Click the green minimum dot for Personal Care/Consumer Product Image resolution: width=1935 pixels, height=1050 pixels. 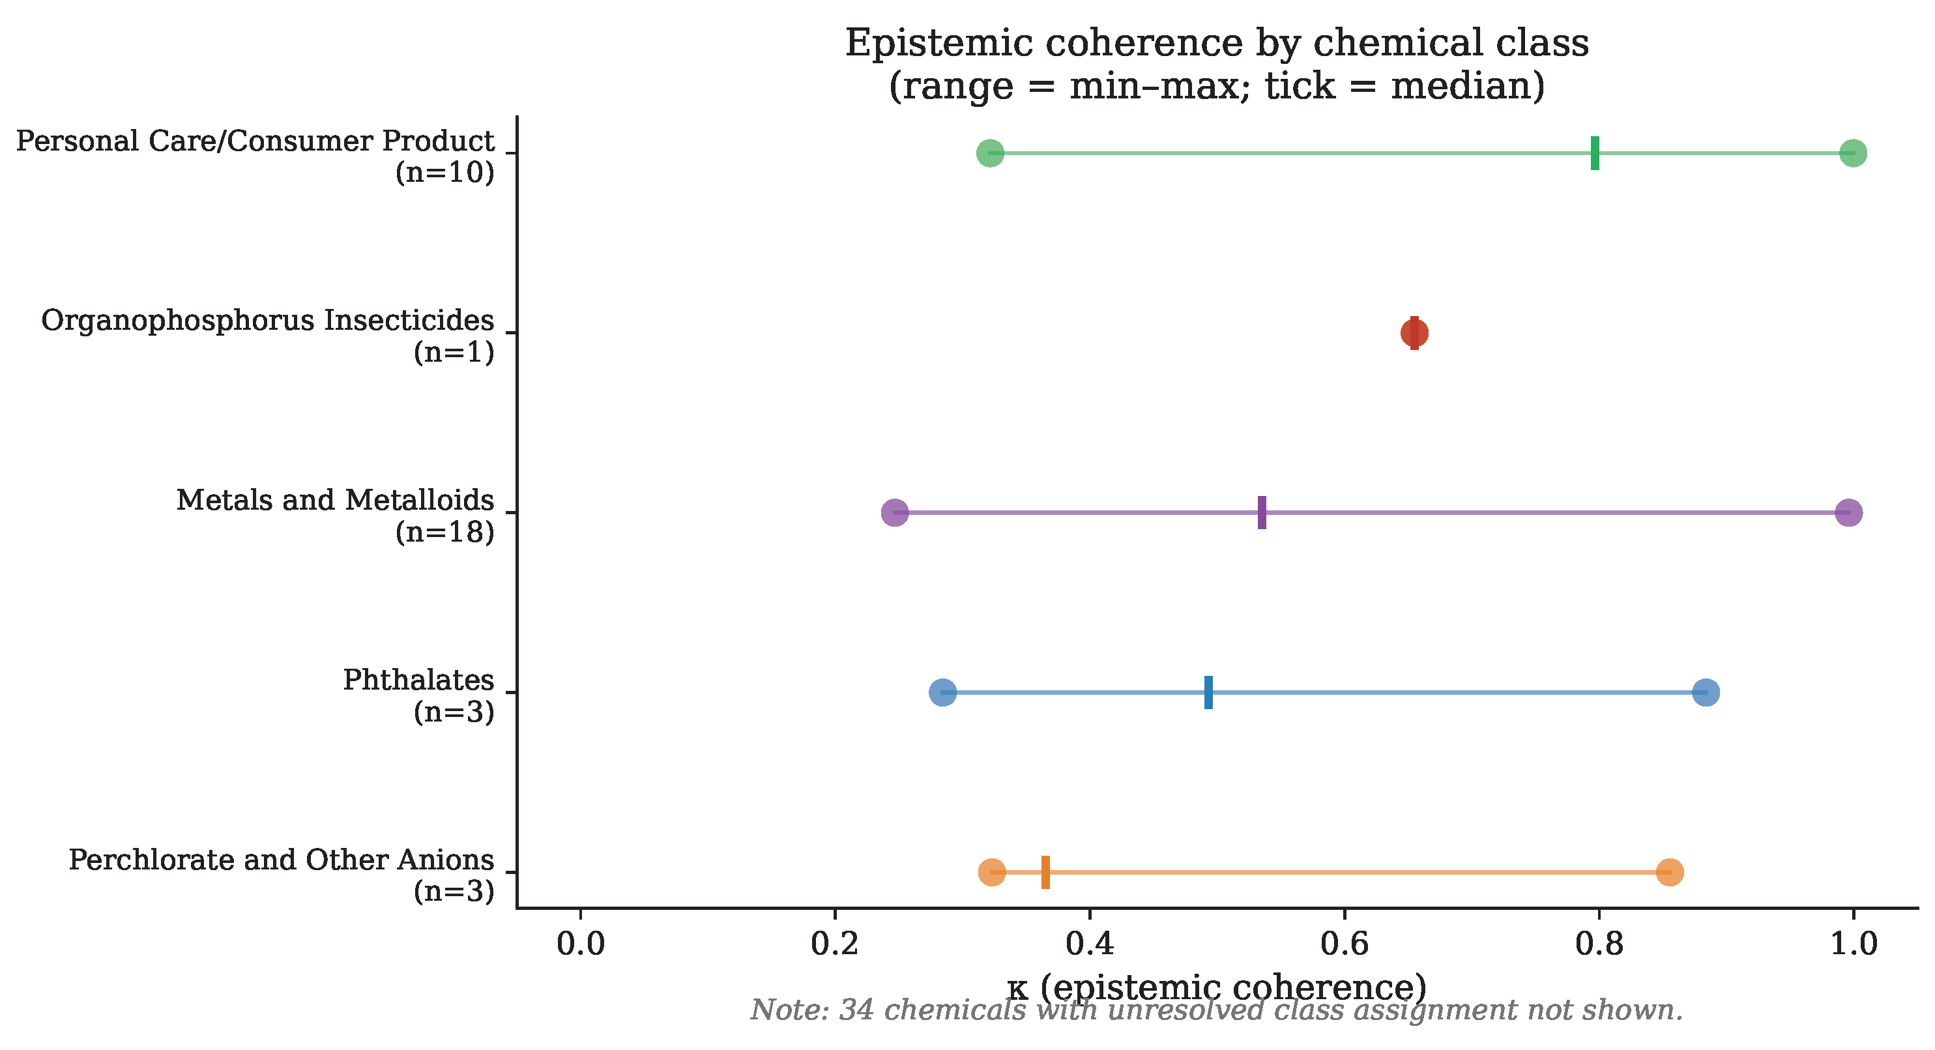(x=990, y=153)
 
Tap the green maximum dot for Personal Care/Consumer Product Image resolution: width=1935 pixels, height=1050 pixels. (x=1853, y=153)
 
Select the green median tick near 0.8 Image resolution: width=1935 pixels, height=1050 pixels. (x=1595, y=153)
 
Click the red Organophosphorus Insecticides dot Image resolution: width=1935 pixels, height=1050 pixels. (x=1414, y=332)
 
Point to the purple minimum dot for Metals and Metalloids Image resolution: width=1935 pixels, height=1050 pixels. (x=895, y=513)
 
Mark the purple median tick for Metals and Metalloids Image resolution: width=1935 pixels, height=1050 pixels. (x=1262, y=513)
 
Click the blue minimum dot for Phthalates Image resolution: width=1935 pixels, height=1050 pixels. (x=942, y=692)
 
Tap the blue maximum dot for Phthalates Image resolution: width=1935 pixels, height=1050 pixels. (x=1706, y=692)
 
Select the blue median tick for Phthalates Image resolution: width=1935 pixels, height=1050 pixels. (x=1208, y=692)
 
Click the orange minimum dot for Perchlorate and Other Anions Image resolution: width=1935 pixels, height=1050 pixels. (x=993, y=872)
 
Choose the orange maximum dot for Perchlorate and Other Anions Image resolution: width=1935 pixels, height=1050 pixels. (x=1669, y=872)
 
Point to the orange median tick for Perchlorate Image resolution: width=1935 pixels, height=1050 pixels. (x=1045, y=872)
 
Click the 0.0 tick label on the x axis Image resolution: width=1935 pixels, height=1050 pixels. (x=581, y=944)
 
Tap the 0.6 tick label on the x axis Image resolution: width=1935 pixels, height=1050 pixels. (x=1345, y=944)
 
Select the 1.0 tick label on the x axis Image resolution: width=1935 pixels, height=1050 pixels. (x=1853, y=944)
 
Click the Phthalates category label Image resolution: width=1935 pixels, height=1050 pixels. (x=418, y=680)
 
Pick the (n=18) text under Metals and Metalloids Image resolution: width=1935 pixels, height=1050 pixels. (x=444, y=532)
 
